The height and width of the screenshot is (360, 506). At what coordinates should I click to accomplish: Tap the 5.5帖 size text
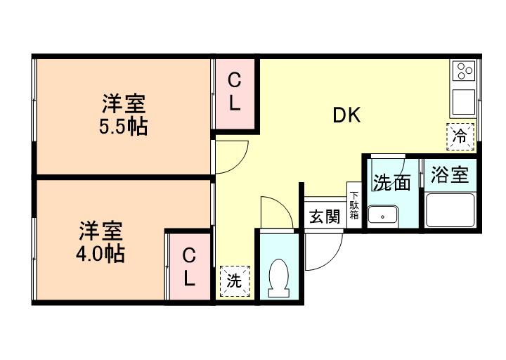click(x=124, y=128)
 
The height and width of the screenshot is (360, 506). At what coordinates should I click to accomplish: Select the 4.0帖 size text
click(x=100, y=253)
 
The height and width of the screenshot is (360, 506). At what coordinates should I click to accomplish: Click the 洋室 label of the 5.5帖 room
click(x=124, y=105)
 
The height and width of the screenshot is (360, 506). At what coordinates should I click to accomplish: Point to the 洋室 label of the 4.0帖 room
click(x=100, y=231)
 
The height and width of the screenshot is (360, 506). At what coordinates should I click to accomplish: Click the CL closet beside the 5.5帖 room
click(x=235, y=93)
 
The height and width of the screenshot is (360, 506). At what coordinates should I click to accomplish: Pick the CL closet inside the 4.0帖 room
click(x=188, y=266)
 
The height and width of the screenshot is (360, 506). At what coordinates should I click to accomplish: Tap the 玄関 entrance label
click(x=324, y=216)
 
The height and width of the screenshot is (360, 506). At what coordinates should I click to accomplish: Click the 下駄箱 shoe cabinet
click(x=353, y=205)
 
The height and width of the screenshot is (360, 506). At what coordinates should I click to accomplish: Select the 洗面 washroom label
click(x=391, y=183)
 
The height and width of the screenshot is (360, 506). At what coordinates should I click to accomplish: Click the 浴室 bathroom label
click(x=450, y=175)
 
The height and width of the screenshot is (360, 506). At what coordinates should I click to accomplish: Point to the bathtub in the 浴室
click(x=450, y=210)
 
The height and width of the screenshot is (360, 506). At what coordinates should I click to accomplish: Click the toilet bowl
click(x=279, y=276)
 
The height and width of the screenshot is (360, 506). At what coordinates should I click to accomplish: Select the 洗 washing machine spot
click(x=234, y=281)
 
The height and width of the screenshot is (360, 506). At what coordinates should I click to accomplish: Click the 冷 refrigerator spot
click(x=460, y=136)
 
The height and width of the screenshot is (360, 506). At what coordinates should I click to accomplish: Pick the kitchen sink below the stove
click(x=464, y=103)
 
